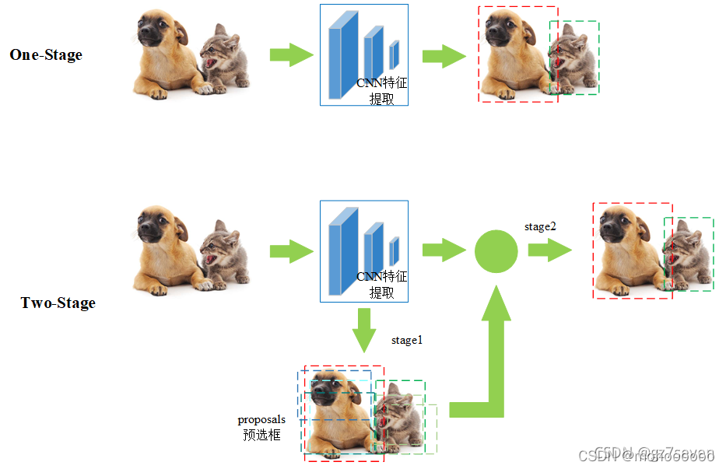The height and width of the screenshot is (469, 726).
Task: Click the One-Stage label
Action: [x=46, y=54]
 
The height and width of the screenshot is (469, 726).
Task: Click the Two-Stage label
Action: [x=58, y=303]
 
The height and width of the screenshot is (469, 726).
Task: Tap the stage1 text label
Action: [x=406, y=340]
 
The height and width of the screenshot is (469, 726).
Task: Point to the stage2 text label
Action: [x=541, y=226]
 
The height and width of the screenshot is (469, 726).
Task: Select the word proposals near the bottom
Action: [x=261, y=420]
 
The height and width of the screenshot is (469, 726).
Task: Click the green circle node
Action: [x=496, y=250]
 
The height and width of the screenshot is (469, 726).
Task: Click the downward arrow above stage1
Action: [x=363, y=329]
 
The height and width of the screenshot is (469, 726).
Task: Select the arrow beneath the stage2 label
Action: [x=549, y=250]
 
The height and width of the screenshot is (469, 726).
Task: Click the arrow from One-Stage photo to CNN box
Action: [x=291, y=54]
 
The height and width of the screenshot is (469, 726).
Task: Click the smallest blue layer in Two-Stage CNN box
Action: [x=394, y=250]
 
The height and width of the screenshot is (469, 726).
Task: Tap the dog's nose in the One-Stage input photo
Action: [x=147, y=39]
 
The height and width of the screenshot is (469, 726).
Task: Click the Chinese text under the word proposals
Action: [x=261, y=435]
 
